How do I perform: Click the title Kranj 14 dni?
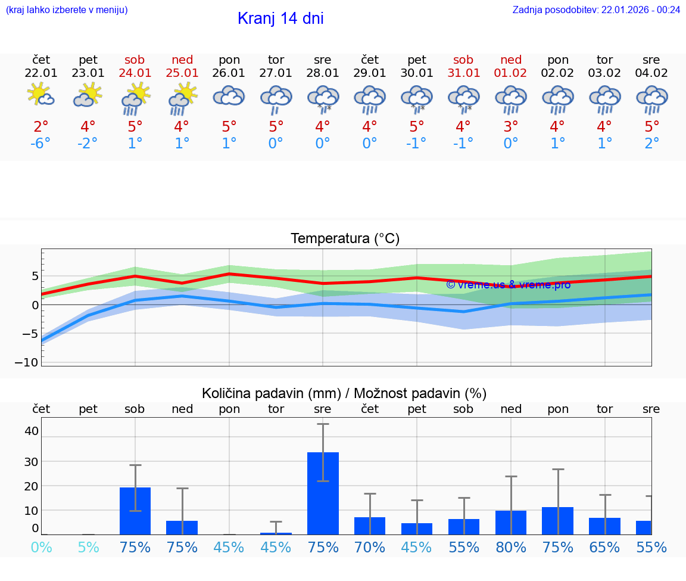pyautogui.click(x=280, y=18)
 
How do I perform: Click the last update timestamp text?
pyautogui.click(x=596, y=10)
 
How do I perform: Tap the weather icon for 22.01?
pyautogui.click(x=41, y=96)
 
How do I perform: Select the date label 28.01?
pyautogui.click(x=323, y=73)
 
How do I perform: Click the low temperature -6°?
pyautogui.click(x=41, y=144)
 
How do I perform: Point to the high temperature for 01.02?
pyautogui.click(x=510, y=127)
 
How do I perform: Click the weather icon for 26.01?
pyautogui.click(x=229, y=96)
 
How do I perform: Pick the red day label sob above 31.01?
pyautogui.click(x=463, y=60)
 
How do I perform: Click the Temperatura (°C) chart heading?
pyautogui.click(x=345, y=239)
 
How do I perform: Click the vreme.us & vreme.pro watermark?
pyautogui.click(x=508, y=284)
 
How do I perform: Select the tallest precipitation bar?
pyautogui.click(x=323, y=493)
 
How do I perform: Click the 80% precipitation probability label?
pyautogui.click(x=510, y=547)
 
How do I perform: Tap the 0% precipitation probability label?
pyautogui.click(x=41, y=547)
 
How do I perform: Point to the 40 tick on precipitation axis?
pyautogui.click(x=32, y=431)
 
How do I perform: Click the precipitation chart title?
pyautogui.click(x=344, y=393)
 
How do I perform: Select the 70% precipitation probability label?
pyautogui.click(x=370, y=547)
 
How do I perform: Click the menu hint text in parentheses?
pyautogui.click(x=67, y=10)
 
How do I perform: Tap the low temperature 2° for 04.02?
pyautogui.click(x=651, y=144)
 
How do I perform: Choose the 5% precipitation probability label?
pyautogui.click(x=88, y=547)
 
